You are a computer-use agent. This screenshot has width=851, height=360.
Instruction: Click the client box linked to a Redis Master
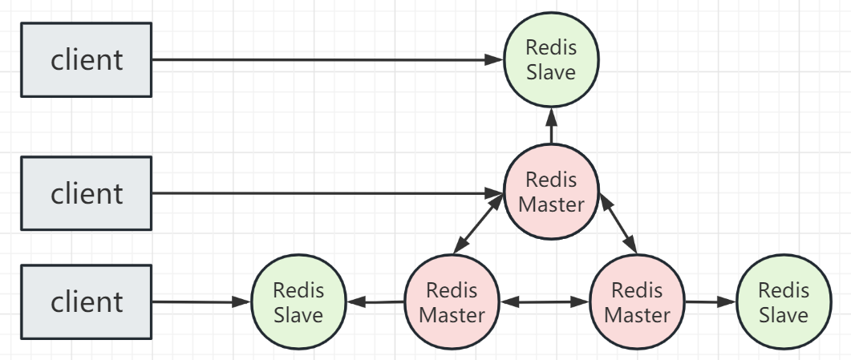pyautogui.click(x=86, y=193)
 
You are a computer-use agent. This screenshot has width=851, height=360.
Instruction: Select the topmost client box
pyautogui.click(x=86, y=60)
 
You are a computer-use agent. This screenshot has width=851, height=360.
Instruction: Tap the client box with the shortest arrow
pyautogui.click(x=86, y=302)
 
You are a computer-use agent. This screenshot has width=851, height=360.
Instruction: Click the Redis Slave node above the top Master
pyautogui.click(x=551, y=60)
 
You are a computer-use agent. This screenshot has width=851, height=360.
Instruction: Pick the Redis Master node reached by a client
pyautogui.click(x=551, y=192)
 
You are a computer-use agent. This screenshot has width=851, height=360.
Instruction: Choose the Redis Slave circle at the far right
pyautogui.click(x=783, y=302)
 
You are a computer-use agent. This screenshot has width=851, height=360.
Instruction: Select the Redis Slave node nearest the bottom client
pyautogui.click(x=298, y=302)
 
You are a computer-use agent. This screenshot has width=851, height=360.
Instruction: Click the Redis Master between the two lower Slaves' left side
pyautogui.click(x=451, y=302)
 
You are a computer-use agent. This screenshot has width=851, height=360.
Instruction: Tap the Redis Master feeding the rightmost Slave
pyautogui.click(x=637, y=302)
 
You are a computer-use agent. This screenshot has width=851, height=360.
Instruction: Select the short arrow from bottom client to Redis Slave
pyautogui.click(x=201, y=302)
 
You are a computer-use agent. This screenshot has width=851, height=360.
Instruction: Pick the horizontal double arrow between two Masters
pyautogui.click(x=544, y=302)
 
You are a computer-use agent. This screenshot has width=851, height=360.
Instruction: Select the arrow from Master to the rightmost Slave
pyautogui.click(x=710, y=302)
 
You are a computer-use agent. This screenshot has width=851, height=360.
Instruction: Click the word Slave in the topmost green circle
pyautogui.click(x=551, y=72)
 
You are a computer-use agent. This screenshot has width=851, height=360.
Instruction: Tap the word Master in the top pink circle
pyautogui.click(x=551, y=204)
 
